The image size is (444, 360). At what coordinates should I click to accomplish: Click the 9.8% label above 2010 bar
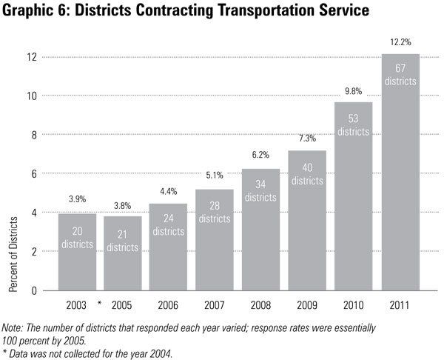(x=353, y=92)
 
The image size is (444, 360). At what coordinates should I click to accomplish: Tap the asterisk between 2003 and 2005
(x=98, y=303)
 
